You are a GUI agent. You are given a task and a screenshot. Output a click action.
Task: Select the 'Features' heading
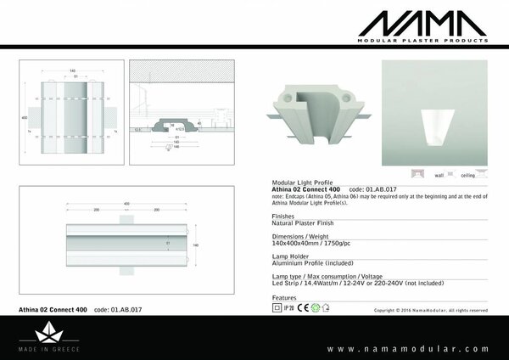click(284, 298)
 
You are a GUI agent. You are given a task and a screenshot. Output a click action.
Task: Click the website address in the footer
click(407, 348)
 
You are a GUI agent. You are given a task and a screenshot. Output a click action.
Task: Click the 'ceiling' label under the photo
click(467, 175)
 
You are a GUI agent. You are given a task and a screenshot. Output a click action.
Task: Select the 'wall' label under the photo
click(439, 175)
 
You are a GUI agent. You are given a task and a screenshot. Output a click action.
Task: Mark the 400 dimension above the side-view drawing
click(127, 204)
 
